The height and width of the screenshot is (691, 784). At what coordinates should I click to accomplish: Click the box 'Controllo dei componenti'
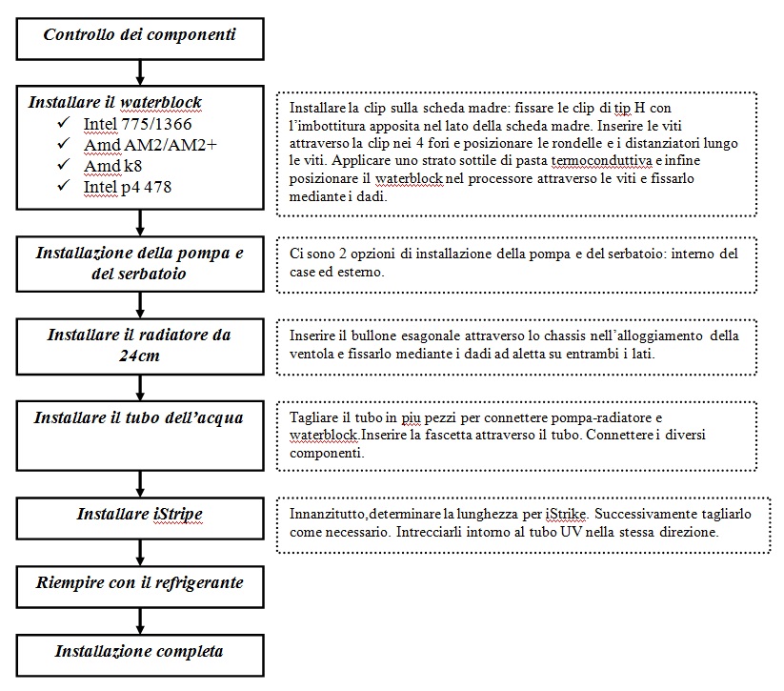[x=140, y=35]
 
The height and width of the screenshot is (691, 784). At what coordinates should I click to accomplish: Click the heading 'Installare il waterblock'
[x=114, y=103]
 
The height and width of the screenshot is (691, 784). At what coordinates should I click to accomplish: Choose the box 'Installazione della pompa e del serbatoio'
[x=140, y=263]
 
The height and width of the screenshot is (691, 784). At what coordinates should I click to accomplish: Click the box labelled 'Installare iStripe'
[x=140, y=514]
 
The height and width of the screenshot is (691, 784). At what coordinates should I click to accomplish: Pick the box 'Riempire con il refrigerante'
[x=140, y=583]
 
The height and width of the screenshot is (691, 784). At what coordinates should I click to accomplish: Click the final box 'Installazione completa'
[x=140, y=652]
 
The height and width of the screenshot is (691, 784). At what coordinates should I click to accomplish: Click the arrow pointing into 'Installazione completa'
[x=140, y=620]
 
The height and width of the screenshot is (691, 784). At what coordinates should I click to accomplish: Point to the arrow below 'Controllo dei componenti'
[x=140, y=70]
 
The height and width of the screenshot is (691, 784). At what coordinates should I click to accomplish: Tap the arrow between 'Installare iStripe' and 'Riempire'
[x=140, y=551]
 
